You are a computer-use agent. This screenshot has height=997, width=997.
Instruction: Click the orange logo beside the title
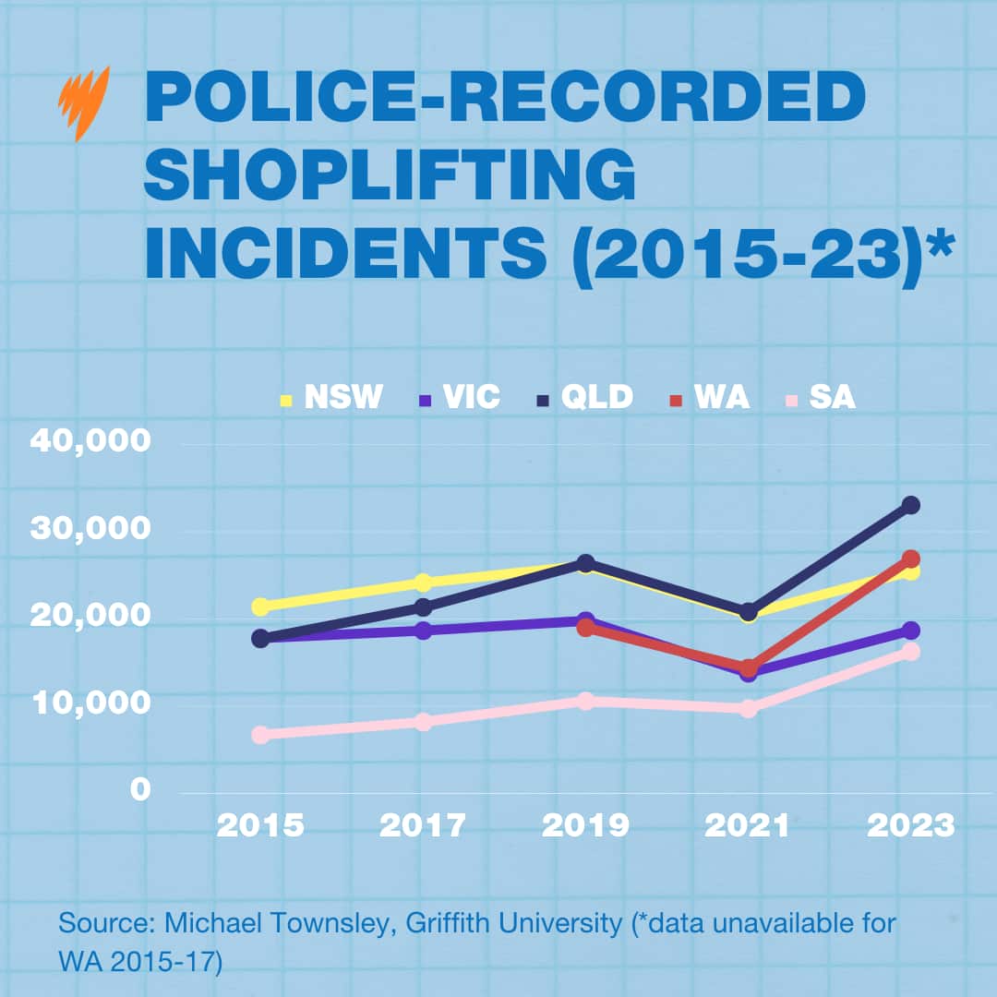coord(82,102)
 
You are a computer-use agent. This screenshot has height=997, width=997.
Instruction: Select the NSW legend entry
coord(331,398)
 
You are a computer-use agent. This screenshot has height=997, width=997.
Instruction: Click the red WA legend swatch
coord(676,400)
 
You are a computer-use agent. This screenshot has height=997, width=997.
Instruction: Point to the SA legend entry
coord(819,398)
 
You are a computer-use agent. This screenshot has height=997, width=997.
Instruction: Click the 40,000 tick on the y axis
coord(90,440)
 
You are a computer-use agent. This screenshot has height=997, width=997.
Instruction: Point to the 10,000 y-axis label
coord(90,703)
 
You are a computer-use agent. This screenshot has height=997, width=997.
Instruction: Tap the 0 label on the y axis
coord(139,789)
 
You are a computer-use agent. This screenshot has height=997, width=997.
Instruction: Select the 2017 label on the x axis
coord(423,825)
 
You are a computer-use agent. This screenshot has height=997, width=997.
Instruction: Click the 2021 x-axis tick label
coord(748,825)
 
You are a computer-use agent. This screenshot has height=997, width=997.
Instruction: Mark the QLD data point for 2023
coord(911,505)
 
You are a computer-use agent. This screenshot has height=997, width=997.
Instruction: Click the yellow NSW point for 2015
coord(261,607)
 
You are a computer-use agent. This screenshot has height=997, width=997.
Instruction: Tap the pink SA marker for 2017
coord(423,722)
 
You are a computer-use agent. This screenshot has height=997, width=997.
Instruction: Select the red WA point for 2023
coord(911,559)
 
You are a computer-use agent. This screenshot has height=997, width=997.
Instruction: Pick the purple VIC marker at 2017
coord(423,631)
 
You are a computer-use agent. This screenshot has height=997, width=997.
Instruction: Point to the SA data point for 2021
coord(748,708)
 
